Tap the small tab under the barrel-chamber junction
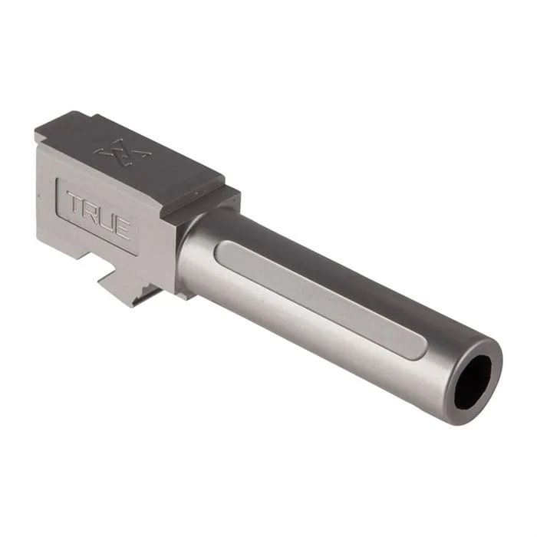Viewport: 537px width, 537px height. (185, 292)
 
